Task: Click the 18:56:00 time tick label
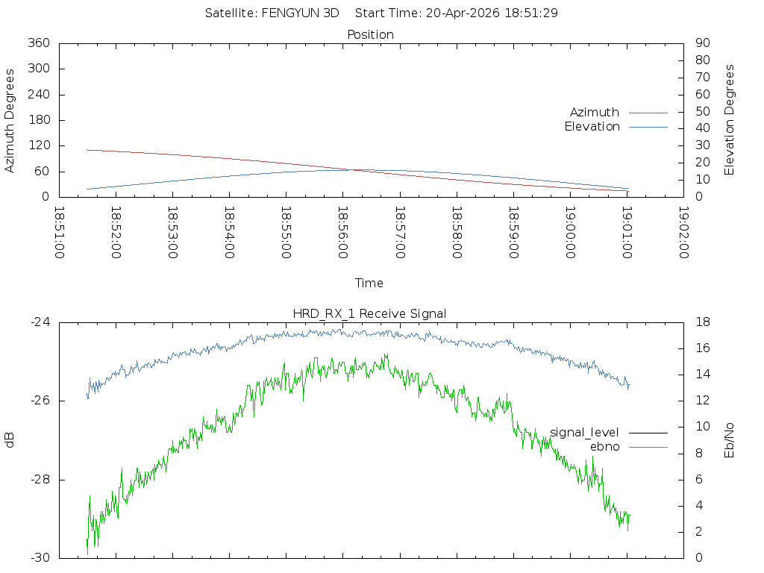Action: [343, 233]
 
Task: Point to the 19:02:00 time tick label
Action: [683, 233]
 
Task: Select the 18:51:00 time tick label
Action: [59, 233]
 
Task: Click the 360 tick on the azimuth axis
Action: [39, 43]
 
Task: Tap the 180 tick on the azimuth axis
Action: [39, 120]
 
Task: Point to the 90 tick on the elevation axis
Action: [703, 43]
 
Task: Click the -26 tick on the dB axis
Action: [40, 401]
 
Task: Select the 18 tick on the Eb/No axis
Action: [703, 322]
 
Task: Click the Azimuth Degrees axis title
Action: [9, 120]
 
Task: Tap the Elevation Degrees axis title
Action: [729, 120]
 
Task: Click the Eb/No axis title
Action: [729, 440]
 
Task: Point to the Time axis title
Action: [369, 283]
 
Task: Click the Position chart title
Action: [370, 34]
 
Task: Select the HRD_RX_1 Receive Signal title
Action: [369, 314]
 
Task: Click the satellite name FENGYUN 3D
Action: [300, 13]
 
